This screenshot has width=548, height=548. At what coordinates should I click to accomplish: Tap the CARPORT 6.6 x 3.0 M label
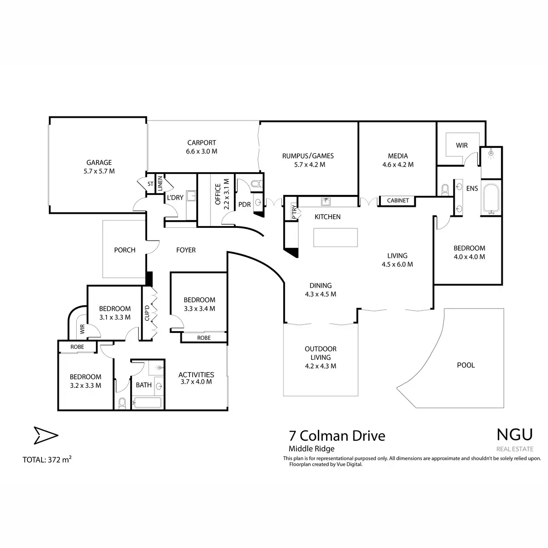[x=201, y=147]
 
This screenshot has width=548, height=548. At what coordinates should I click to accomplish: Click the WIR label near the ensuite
[x=462, y=146]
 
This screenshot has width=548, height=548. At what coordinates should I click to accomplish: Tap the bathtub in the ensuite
[x=491, y=199]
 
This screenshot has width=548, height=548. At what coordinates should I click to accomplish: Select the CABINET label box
[x=398, y=200]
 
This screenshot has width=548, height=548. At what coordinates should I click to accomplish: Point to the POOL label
[x=466, y=365]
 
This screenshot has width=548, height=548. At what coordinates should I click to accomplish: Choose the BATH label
[x=143, y=385]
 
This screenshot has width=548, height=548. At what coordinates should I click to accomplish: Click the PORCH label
[x=125, y=250]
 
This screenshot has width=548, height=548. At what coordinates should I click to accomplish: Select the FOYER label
[x=186, y=250]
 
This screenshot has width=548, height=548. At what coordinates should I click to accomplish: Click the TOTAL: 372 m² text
[x=47, y=459]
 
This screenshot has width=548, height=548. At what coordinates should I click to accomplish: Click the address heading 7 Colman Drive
[x=337, y=436]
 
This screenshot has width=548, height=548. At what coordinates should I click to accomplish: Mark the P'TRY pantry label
[x=294, y=213]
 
